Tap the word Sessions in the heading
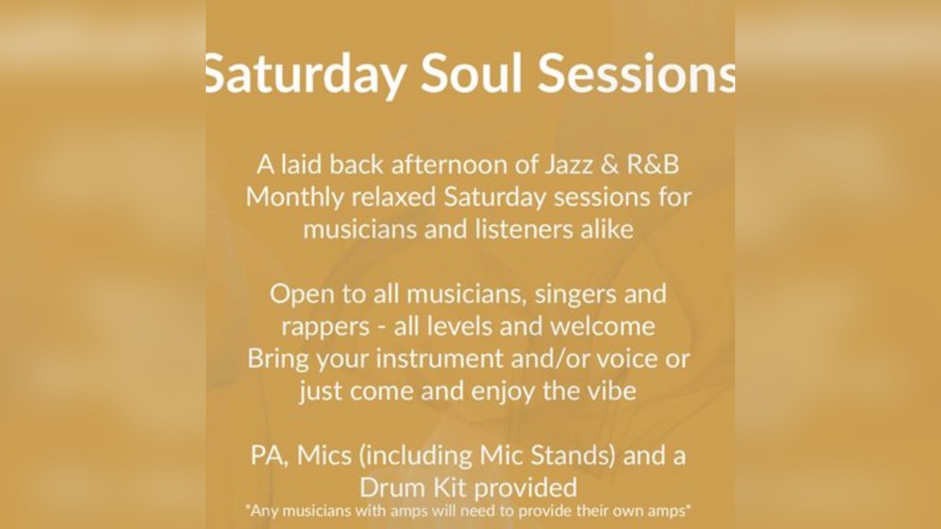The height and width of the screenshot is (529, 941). click(636, 72)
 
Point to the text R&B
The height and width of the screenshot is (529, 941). click(652, 165)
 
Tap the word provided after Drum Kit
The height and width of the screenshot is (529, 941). click(526, 487)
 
